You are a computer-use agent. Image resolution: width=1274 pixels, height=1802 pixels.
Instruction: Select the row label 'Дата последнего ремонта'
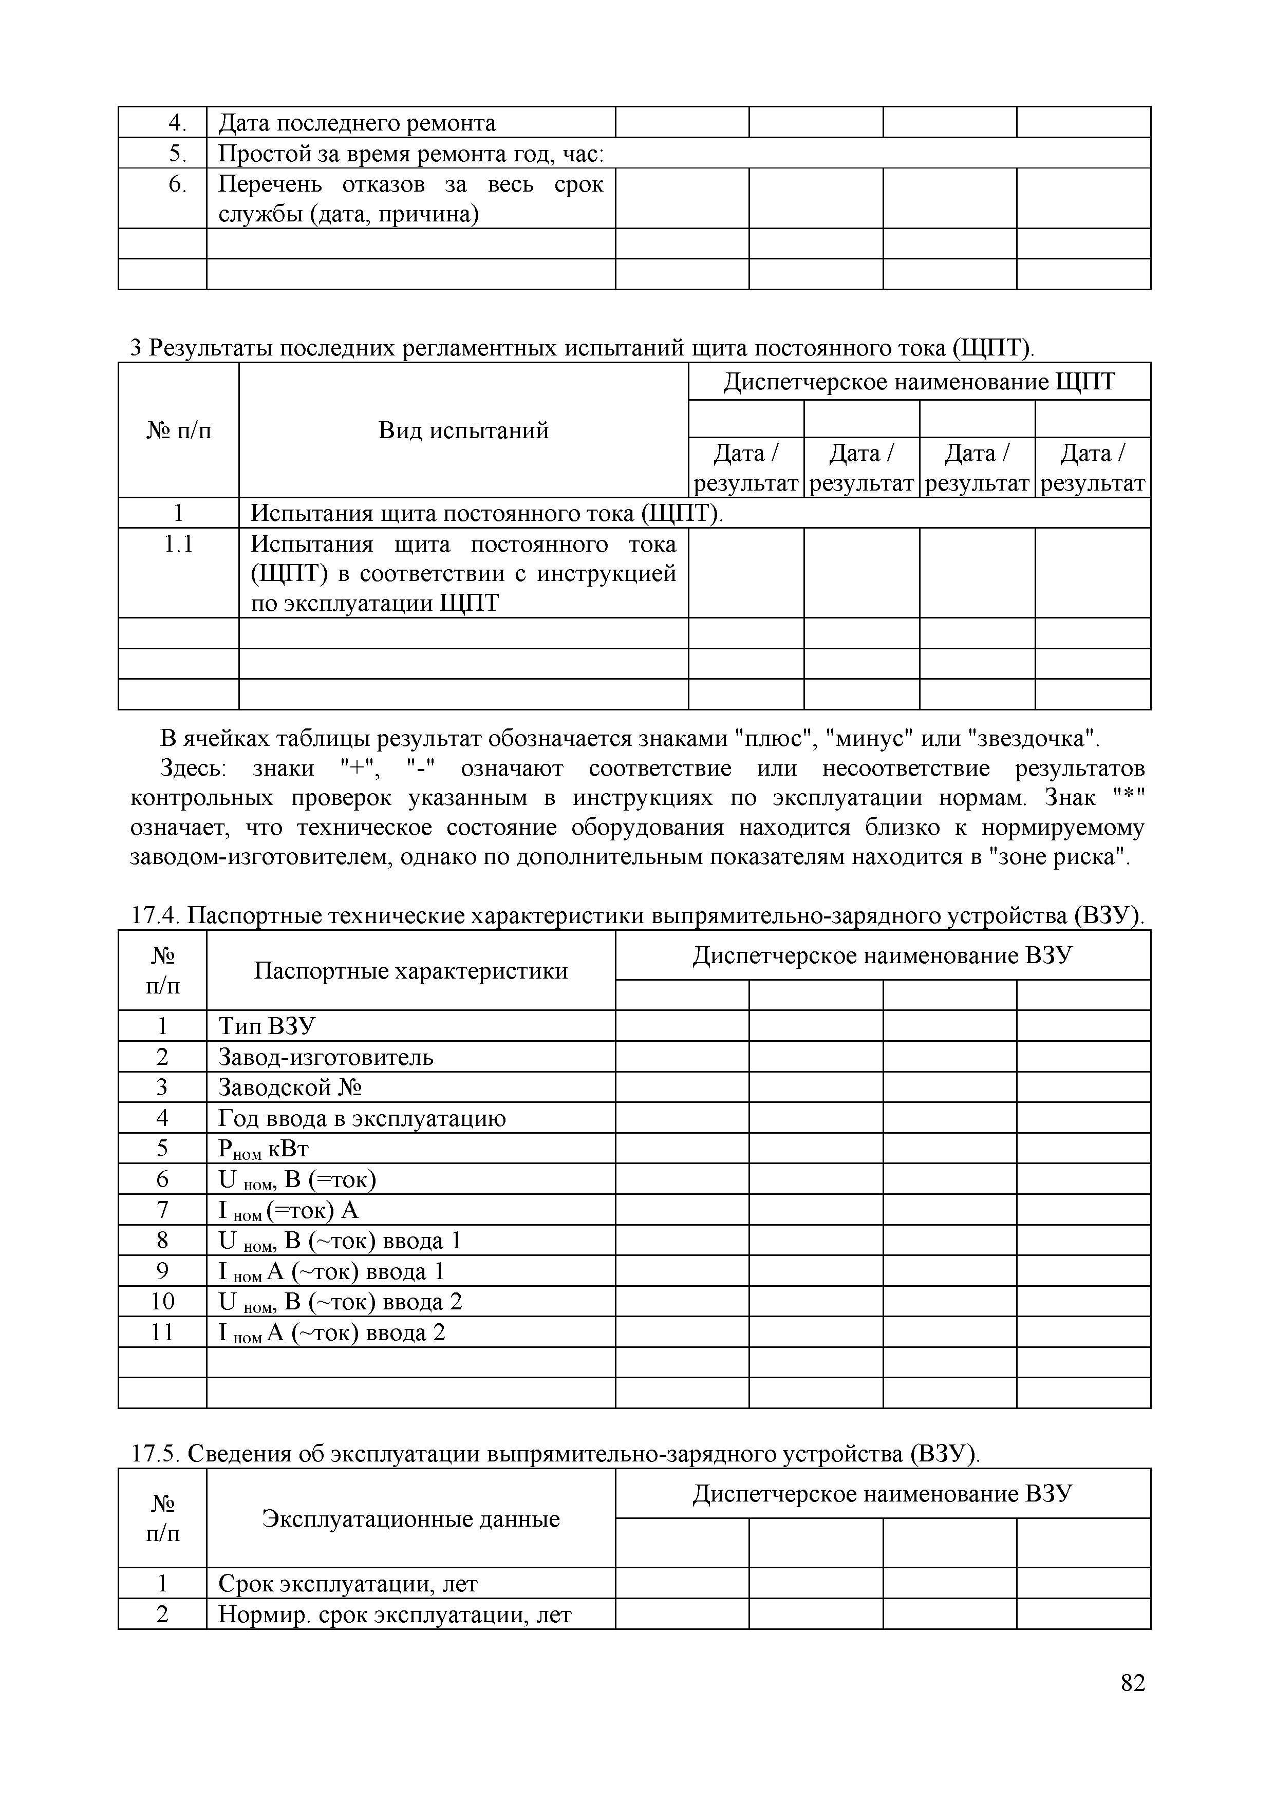(357, 123)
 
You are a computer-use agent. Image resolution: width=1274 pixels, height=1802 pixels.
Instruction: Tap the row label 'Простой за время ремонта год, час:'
(410, 154)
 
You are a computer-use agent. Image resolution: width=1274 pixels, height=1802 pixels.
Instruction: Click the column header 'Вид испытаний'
(463, 430)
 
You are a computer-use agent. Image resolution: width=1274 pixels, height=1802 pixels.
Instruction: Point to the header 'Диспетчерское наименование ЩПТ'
(919, 382)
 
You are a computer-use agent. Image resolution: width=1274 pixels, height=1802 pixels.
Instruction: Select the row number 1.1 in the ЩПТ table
(178, 544)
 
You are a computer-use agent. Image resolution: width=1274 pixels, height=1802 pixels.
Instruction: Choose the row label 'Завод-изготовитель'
(326, 1057)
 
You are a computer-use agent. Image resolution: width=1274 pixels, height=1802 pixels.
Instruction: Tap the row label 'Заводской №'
(290, 1088)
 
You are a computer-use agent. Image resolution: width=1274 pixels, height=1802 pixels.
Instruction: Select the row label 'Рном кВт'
(264, 1150)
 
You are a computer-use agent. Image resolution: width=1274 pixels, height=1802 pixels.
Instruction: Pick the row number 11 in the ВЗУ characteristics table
(162, 1332)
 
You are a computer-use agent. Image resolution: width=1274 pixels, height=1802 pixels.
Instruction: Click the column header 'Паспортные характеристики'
(410, 971)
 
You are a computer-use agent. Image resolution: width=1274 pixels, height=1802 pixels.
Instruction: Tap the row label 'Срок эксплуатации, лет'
(348, 1584)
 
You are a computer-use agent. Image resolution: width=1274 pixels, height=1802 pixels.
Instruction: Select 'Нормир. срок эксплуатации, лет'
(395, 1615)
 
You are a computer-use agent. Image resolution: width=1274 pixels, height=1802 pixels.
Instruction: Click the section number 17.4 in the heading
(155, 916)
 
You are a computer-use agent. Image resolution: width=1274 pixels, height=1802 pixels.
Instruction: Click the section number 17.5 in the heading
(155, 1454)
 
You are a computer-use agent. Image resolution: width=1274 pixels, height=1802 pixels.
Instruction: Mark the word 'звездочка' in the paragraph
(1032, 739)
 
